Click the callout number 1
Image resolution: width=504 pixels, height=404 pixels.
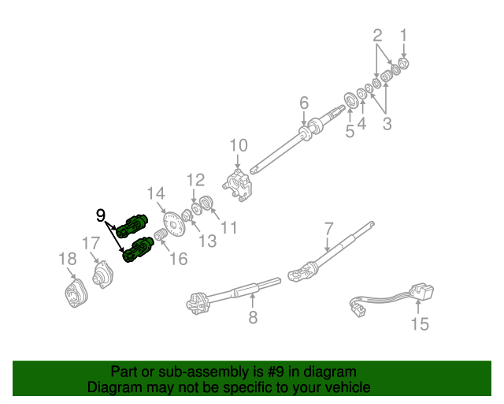[x=404, y=35]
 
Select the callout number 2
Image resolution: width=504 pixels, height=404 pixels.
[x=377, y=35]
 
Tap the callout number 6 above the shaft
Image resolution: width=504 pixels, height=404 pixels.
[x=303, y=103]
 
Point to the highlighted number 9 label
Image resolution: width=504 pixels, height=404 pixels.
[x=101, y=215]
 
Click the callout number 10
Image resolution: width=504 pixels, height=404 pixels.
[x=238, y=146]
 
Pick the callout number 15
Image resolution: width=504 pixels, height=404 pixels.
[x=420, y=324]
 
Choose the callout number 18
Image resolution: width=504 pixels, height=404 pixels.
[x=67, y=259]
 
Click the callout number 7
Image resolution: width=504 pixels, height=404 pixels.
[x=328, y=230]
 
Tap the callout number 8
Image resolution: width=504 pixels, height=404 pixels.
[x=253, y=319]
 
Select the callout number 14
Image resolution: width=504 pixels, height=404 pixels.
[x=156, y=193]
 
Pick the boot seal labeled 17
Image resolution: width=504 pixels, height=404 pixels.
[x=101, y=275]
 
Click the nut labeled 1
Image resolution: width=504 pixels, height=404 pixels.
[x=404, y=62]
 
